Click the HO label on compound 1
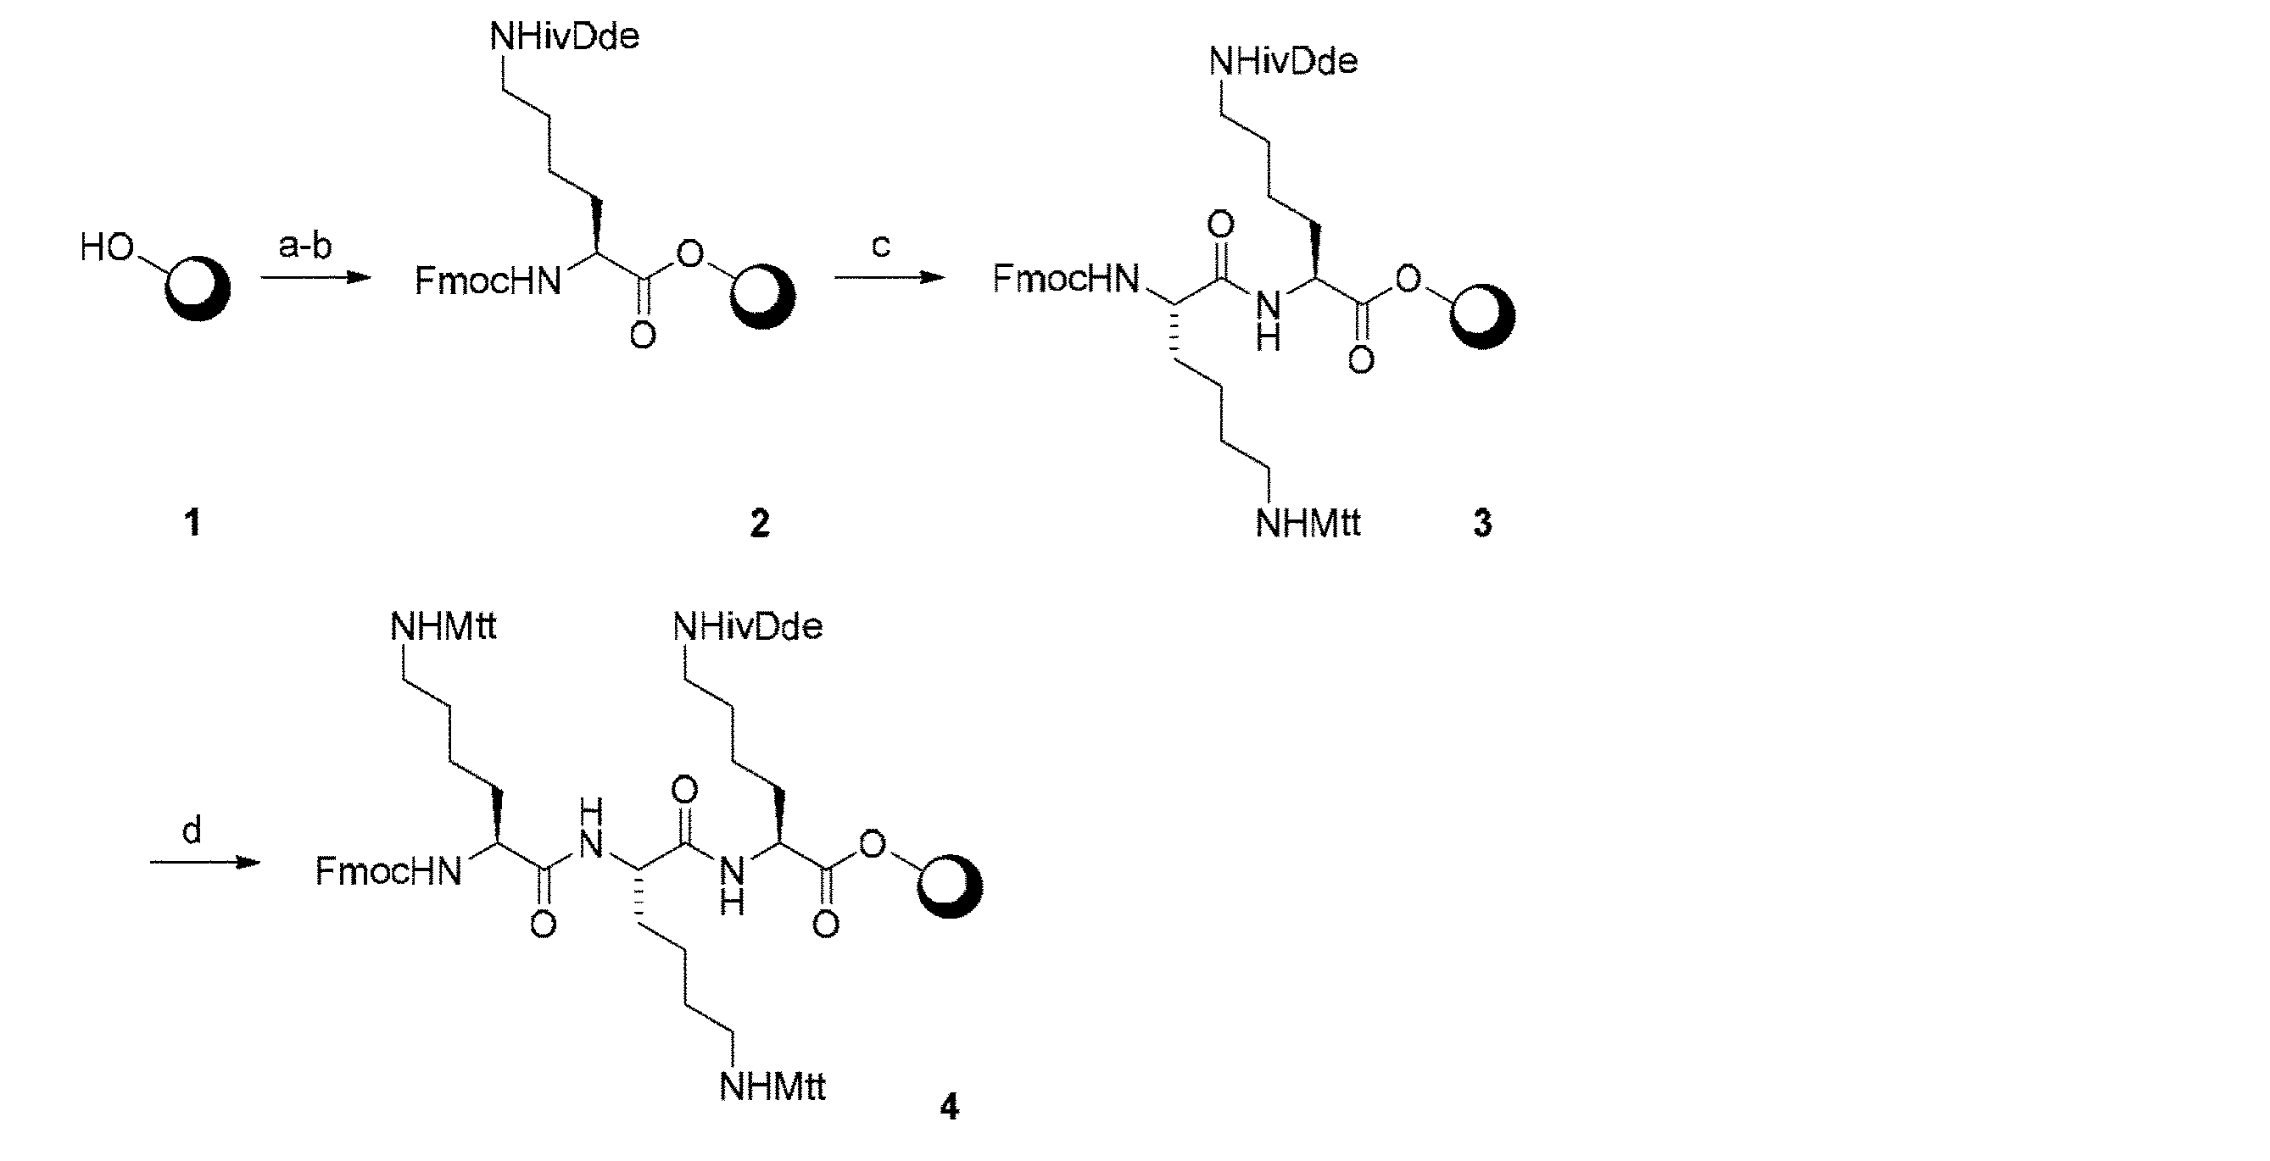tap(108, 247)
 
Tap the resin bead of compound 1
tap(198, 288)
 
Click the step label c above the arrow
tap(881, 246)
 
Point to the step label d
tap(192, 830)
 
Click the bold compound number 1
tap(193, 523)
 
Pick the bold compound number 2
tap(760, 523)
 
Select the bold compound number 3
tap(1483, 523)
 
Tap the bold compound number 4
tap(949, 1107)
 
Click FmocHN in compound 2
tap(488, 281)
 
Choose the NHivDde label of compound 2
tap(564, 37)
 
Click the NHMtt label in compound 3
tap(1308, 523)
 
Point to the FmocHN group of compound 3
tap(1065, 278)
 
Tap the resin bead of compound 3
tap(1482, 315)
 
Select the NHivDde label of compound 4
tap(748, 626)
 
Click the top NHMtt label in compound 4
tap(443, 626)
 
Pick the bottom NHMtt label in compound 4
tap(772, 1086)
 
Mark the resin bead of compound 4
tap(950, 886)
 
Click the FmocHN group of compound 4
tap(388, 871)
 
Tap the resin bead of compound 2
tap(762, 296)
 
